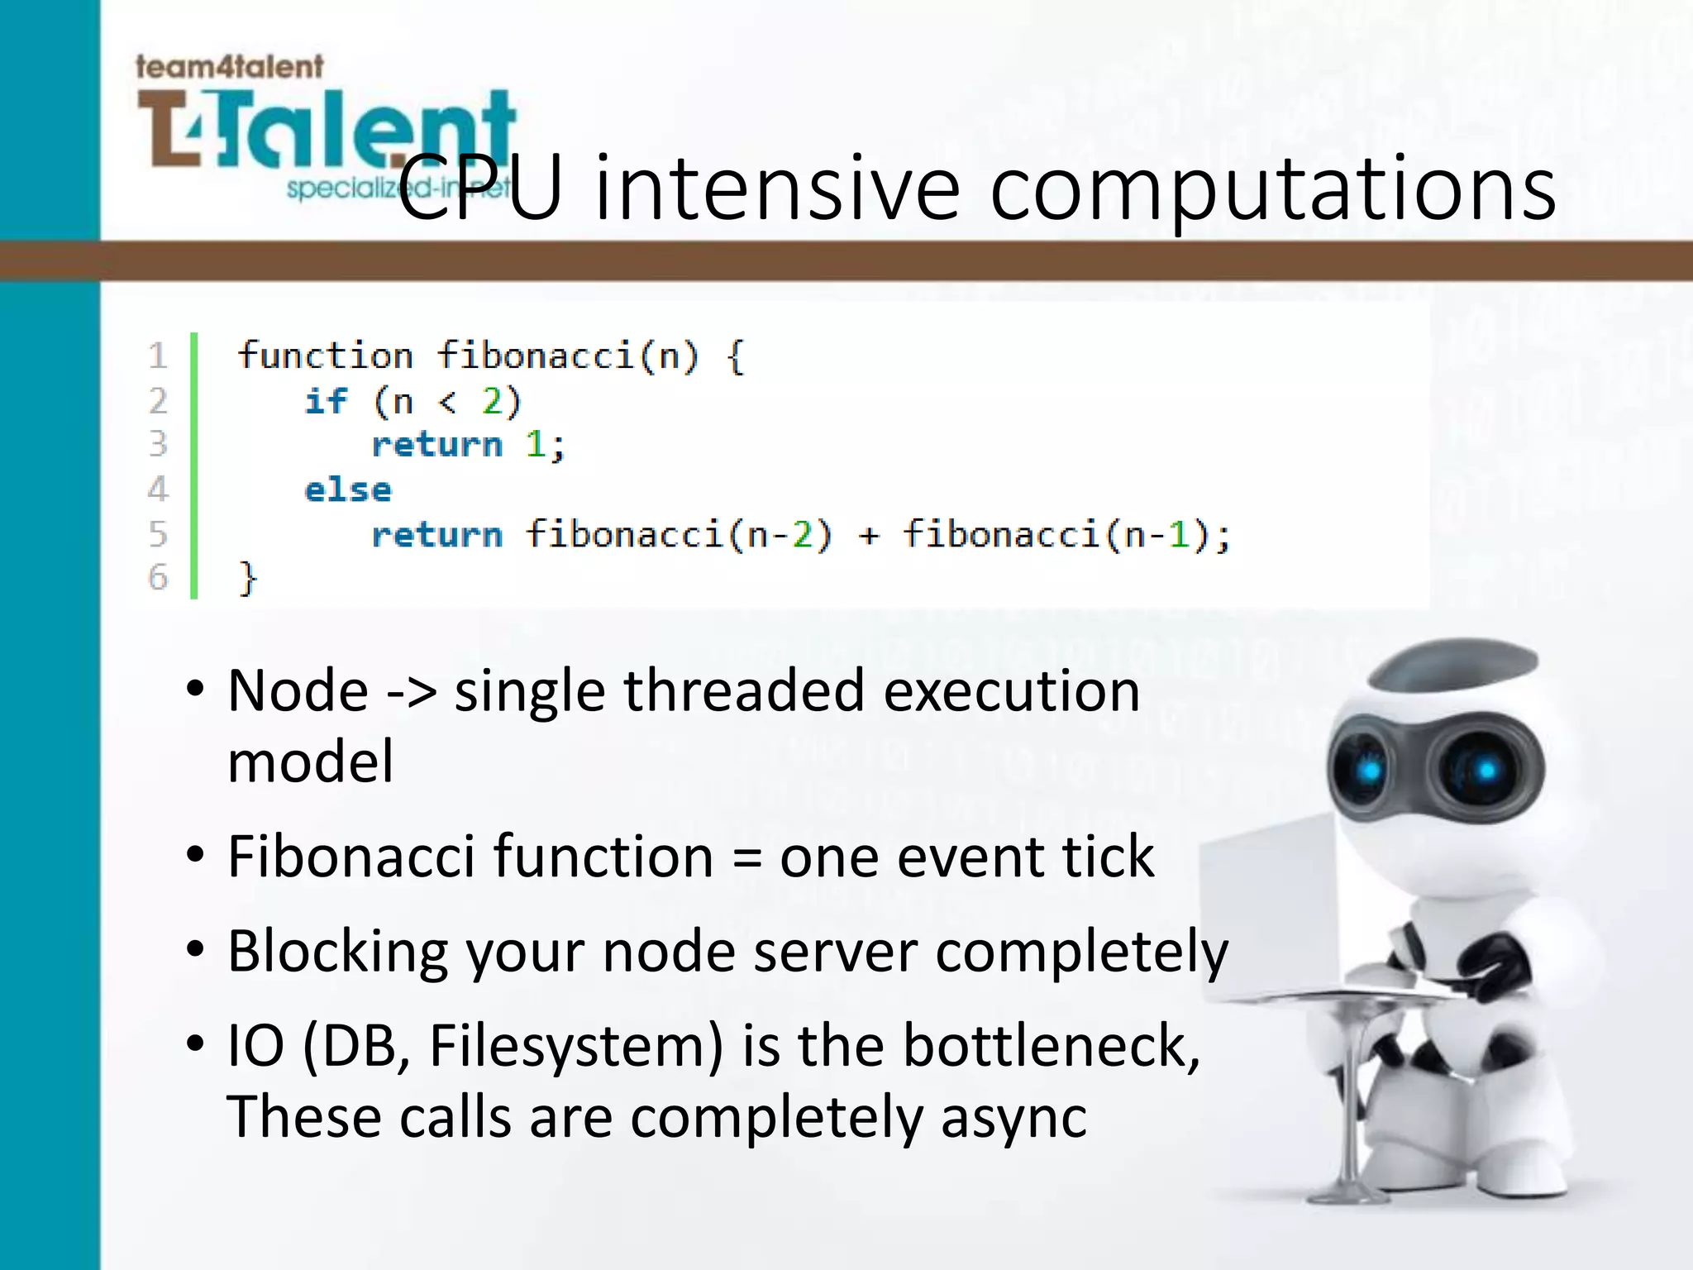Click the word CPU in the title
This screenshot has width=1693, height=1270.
pyautogui.click(x=480, y=189)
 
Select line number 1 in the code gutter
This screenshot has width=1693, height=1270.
pyautogui.click(x=158, y=356)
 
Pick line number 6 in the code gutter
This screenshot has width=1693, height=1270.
pyautogui.click(x=158, y=577)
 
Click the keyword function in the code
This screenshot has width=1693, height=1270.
pyautogui.click(x=325, y=356)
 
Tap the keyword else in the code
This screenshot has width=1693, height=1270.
pyautogui.click(x=347, y=489)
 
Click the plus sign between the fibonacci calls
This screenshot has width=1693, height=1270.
pyautogui.click(x=868, y=535)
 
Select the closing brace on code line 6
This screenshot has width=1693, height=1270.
pyautogui.click(x=248, y=577)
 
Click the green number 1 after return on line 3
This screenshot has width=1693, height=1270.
pyautogui.click(x=535, y=445)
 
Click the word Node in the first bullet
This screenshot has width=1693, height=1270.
pyautogui.click(x=298, y=691)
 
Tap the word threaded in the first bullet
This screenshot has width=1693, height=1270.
pyautogui.click(x=743, y=691)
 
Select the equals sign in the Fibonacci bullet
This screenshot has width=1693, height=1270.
pyautogui.click(x=746, y=858)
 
